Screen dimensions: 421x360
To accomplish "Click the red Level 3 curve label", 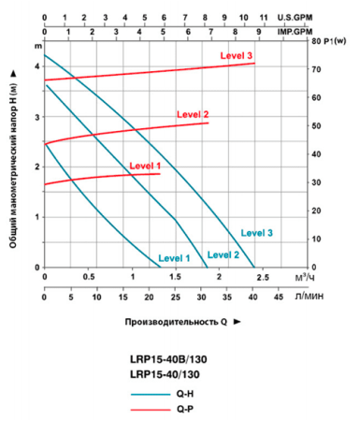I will pos(237,56).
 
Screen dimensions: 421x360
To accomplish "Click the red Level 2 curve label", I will pos(193,115).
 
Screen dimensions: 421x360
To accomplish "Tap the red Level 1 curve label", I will pos(145,166).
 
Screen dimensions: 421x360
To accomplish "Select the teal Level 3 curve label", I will pos(256,232).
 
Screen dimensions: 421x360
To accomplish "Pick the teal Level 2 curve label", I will pos(223,254).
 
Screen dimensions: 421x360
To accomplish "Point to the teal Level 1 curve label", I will pos(174,258).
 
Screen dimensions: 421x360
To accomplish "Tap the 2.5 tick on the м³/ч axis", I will pos(263,277).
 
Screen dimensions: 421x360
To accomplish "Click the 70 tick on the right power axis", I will pos(315,70).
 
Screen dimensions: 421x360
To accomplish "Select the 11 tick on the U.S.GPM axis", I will pos(264,17).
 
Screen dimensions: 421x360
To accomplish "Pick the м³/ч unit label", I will pos(303,278).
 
